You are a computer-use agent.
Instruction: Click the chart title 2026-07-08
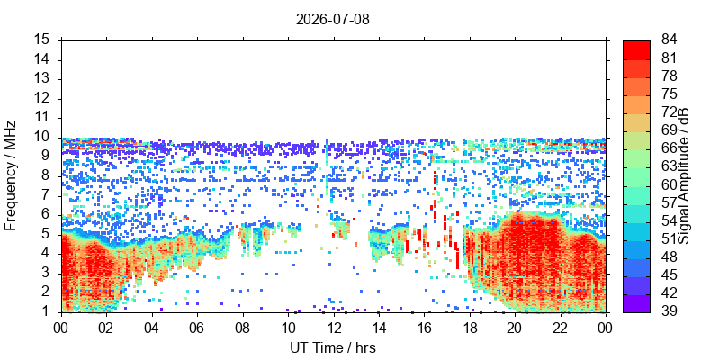pyautogui.click(x=332, y=19)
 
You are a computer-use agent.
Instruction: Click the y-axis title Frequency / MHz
pyautogui.click(x=10, y=175)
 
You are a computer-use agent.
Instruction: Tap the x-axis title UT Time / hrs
pyautogui.click(x=333, y=348)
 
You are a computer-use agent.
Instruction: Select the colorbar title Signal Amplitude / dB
pyautogui.click(x=684, y=175)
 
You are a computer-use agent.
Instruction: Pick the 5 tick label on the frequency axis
pyautogui.click(x=51, y=235)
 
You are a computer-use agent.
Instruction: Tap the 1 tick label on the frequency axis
pyautogui.click(x=51, y=312)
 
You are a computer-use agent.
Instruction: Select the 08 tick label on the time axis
pyautogui.click(x=242, y=328)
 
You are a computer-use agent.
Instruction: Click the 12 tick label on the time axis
pyautogui.click(x=333, y=328)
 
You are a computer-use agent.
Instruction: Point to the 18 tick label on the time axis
pyautogui.click(x=469, y=328)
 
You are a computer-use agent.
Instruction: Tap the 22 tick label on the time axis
pyautogui.click(x=560, y=328)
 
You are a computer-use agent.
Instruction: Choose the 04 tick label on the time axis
pyautogui.click(x=151, y=328)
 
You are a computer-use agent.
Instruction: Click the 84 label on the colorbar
pyautogui.click(x=669, y=40)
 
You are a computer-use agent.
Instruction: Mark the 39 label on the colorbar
pyautogui.click(x=669, y=311)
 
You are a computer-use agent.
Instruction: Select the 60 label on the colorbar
pyautogui.click(x=669, y=185)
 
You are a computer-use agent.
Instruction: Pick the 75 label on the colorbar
pyautogui.click(x=669, y=94)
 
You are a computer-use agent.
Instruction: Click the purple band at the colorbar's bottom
pyautogui.click(x=636, y=303)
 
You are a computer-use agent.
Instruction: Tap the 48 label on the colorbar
pyautogui.click(x=669, y=257)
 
